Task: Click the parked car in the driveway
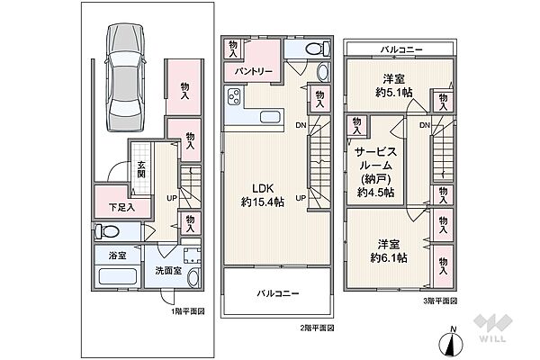pos(127,78)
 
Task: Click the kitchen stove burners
pos(232,98)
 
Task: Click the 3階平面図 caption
pos(440,301)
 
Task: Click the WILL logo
pos(499,337)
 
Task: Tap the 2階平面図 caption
pos(318,328)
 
